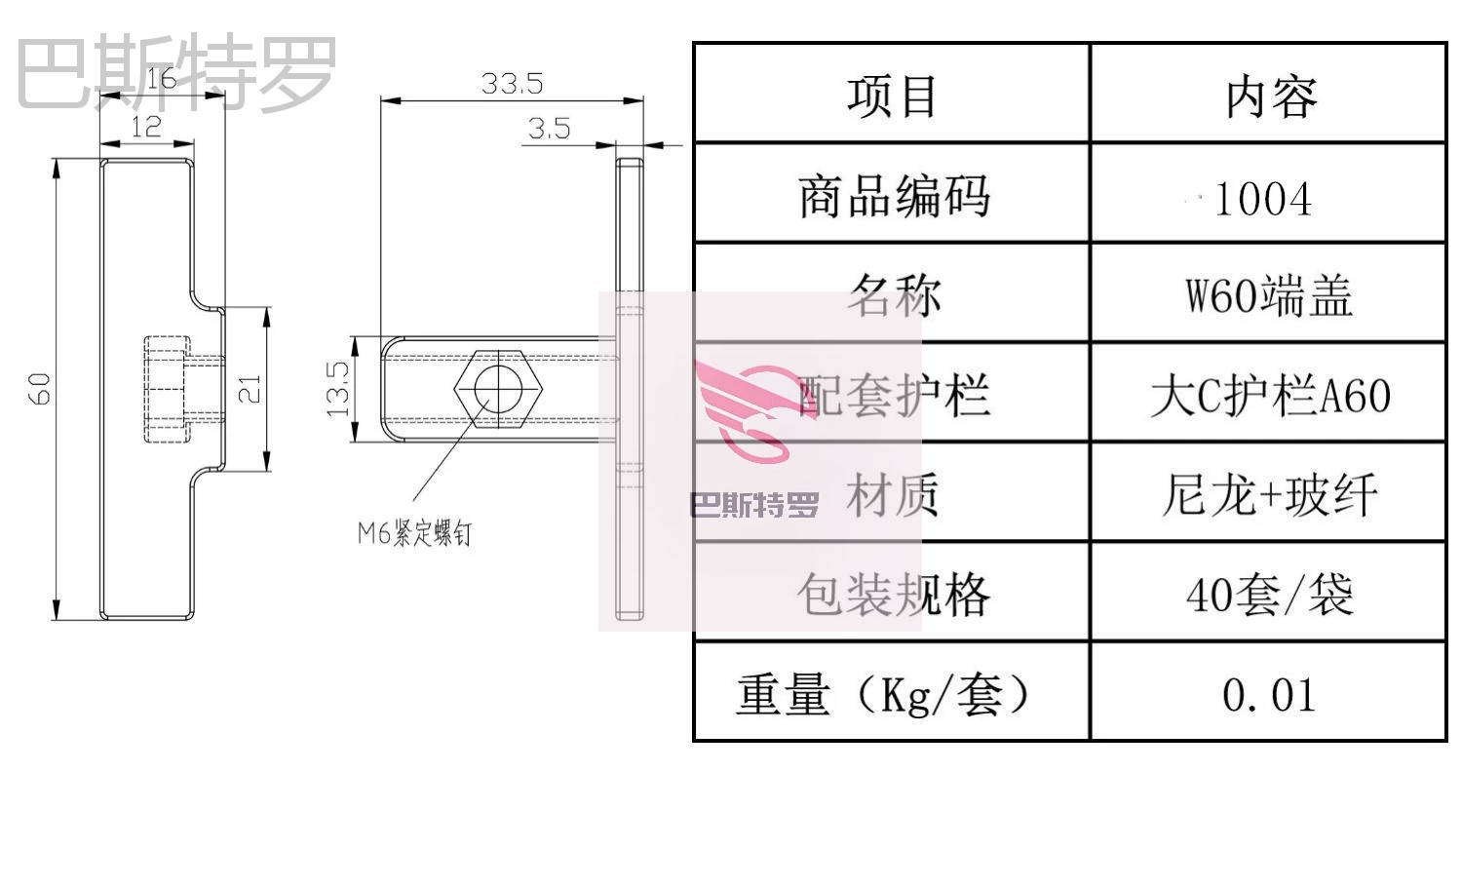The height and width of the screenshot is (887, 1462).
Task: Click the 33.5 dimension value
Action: [512, 84]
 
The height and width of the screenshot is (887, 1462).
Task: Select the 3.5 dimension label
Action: [549, 128]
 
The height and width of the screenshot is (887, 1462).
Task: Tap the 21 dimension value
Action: [250, 389]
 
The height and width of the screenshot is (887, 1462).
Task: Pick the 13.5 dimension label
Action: [337, 389]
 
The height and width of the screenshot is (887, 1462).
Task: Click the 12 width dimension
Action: [145, 127]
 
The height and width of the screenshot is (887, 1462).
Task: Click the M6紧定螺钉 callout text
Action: [414, 533]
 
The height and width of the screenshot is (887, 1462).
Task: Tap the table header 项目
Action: [891, 96]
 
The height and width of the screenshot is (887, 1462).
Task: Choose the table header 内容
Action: [1270, 96]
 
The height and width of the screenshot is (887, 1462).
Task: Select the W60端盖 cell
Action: [1268, 295]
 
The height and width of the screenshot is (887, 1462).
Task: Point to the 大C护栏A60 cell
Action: [1269, 396]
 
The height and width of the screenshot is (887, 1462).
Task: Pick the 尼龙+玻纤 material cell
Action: [1269, 495]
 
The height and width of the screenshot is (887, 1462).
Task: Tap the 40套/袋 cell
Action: [1269, 595]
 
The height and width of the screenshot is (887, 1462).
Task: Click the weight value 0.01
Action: [1268, 695]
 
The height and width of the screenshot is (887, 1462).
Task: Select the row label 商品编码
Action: [893, 197]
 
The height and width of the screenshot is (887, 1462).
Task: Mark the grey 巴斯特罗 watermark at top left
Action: [176, 72]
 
